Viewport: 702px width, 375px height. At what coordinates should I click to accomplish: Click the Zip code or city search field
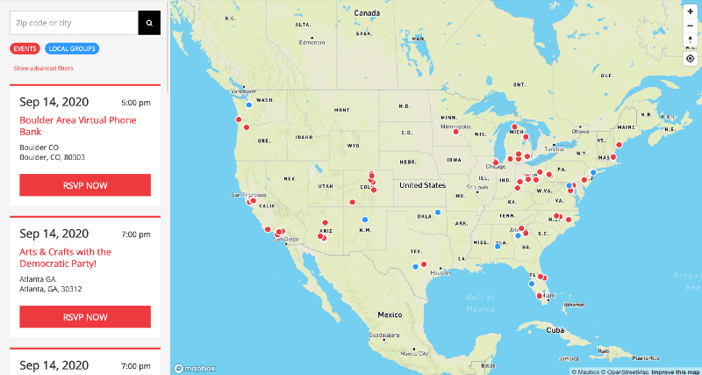(x=74, y=23)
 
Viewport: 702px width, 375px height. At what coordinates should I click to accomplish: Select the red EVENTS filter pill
(x=25, y=49)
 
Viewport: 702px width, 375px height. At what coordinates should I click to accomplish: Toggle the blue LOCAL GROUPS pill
(x=73, y=49)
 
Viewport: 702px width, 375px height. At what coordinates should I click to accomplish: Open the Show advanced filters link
(x=43, y=69)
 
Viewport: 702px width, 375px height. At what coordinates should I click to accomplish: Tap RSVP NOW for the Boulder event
(x=85, y=185)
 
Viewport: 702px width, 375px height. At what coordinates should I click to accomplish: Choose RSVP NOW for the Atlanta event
(x=85, y=317)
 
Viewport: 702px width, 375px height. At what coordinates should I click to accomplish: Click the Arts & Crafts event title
(x=65, y=257)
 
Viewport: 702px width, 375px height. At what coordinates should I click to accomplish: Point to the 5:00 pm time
(x=136, y=103)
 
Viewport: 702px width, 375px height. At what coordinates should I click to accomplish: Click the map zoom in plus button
(x=691, y=11)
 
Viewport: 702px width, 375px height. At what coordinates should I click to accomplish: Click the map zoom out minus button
(x=691, y=25)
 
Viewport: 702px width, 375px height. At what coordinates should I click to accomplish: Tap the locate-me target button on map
(x=691, y=59)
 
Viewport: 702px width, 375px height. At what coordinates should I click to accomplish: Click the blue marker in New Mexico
(x=365, y=220)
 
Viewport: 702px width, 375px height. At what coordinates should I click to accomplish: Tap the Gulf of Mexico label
(x=481, y=303)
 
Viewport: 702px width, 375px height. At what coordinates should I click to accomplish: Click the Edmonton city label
(x=312, y=42)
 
